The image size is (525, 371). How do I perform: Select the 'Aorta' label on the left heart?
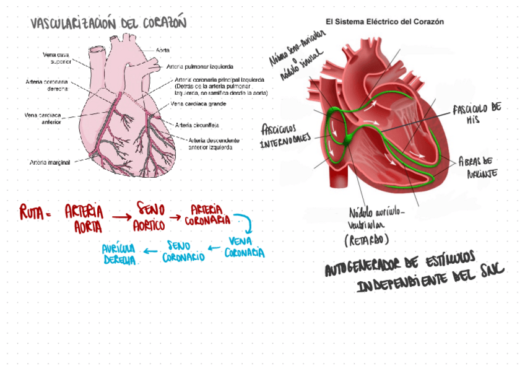coord(163,49)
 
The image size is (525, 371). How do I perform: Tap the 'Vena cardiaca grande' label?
coord(197,104)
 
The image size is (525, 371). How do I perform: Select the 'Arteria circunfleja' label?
coord(197,124)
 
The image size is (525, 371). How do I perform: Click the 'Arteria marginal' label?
coord(49,162)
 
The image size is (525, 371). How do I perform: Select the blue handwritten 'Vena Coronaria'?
coord(244,247)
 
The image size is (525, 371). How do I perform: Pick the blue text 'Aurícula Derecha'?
coord(120,254)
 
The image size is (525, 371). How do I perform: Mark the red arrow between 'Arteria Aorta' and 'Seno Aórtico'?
coord(120,216)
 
